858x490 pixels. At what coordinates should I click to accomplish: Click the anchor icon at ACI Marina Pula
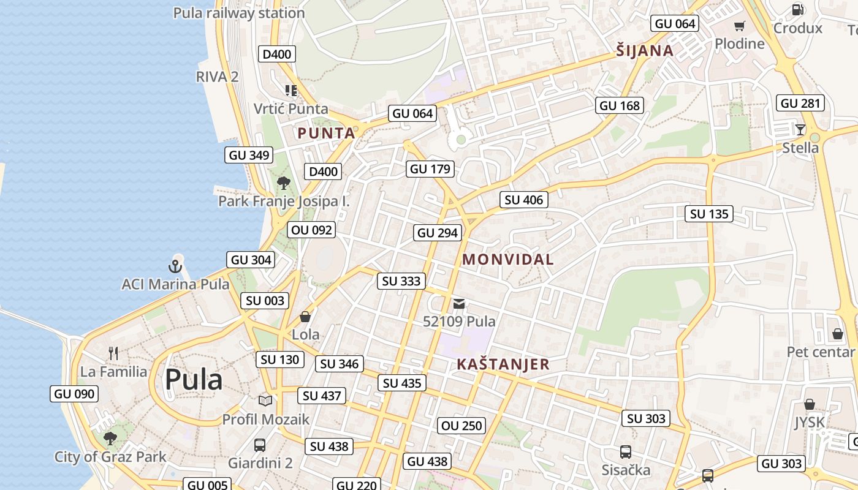pos(175,266)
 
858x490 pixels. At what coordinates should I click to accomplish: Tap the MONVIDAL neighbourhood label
pos(508,259)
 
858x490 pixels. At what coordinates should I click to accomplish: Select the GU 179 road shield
pos(430,169)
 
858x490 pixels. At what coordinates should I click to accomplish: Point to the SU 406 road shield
pos(524,200)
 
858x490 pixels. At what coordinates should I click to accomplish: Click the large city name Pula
pos(193,379)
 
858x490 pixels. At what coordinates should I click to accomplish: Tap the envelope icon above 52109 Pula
pos(459,304)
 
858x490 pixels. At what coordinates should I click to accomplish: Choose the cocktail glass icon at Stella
pos(800,129)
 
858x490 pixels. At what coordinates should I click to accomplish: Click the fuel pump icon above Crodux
pos(797,9)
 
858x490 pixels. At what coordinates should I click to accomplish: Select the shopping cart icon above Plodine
pos(740,26)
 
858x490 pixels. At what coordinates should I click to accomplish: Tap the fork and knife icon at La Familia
pos(113,353)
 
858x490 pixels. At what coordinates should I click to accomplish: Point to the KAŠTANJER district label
pos(503,364)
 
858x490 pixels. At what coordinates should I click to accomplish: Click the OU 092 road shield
pos(311,230)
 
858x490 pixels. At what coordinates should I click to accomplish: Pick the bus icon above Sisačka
pos(625,452)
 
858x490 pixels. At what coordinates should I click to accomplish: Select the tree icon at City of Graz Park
pos(110,438)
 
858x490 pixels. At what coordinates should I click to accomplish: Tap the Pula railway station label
pos(239,13)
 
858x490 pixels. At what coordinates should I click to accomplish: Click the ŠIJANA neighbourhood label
pos(645,51)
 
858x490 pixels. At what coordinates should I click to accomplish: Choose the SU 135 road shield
pos(709,214)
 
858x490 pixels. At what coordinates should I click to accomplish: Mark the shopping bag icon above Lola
pos(305,317)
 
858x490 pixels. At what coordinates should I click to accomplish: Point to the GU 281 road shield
pos(800,103)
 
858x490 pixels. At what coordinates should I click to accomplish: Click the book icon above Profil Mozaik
pos(265,401)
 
